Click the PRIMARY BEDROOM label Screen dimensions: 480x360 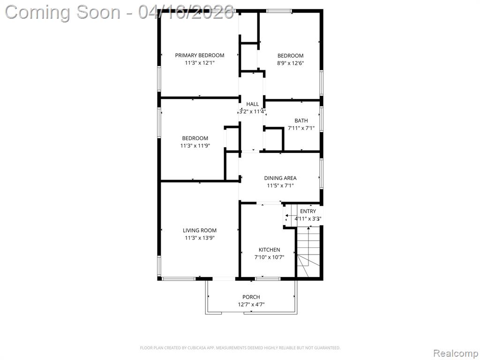click(x=200, y=55)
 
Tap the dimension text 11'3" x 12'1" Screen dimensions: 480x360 click(x=200, y=63)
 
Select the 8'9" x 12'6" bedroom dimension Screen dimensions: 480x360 click(x=290, y=63)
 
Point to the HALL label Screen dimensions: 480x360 click(x=253, y=104)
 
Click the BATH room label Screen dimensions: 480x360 click(x=301, y=120)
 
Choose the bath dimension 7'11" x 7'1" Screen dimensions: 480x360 click(x=301, y=128)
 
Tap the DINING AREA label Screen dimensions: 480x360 click(x=280, y=178)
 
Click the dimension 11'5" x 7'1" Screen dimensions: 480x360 click(x=280, y=186)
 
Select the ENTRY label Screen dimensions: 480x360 click(x=308, y=211)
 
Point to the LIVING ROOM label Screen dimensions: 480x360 click(x=200, y=231)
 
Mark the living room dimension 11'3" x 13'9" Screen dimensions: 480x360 click(x=200, y=238)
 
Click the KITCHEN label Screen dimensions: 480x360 click(x=270, y=250)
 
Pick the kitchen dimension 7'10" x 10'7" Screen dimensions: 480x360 click(x=270, y=257)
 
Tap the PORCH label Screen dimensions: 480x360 click(x=251, y=297)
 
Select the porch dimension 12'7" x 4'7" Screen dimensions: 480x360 click(x=251, y=305)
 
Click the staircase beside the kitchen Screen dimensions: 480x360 click(x=308, y=252)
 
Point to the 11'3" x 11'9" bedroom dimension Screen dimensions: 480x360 click(x=195, y=146)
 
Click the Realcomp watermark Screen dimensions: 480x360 click(x=455, y=353)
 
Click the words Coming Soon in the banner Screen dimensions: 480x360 click(x=63, y=12)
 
